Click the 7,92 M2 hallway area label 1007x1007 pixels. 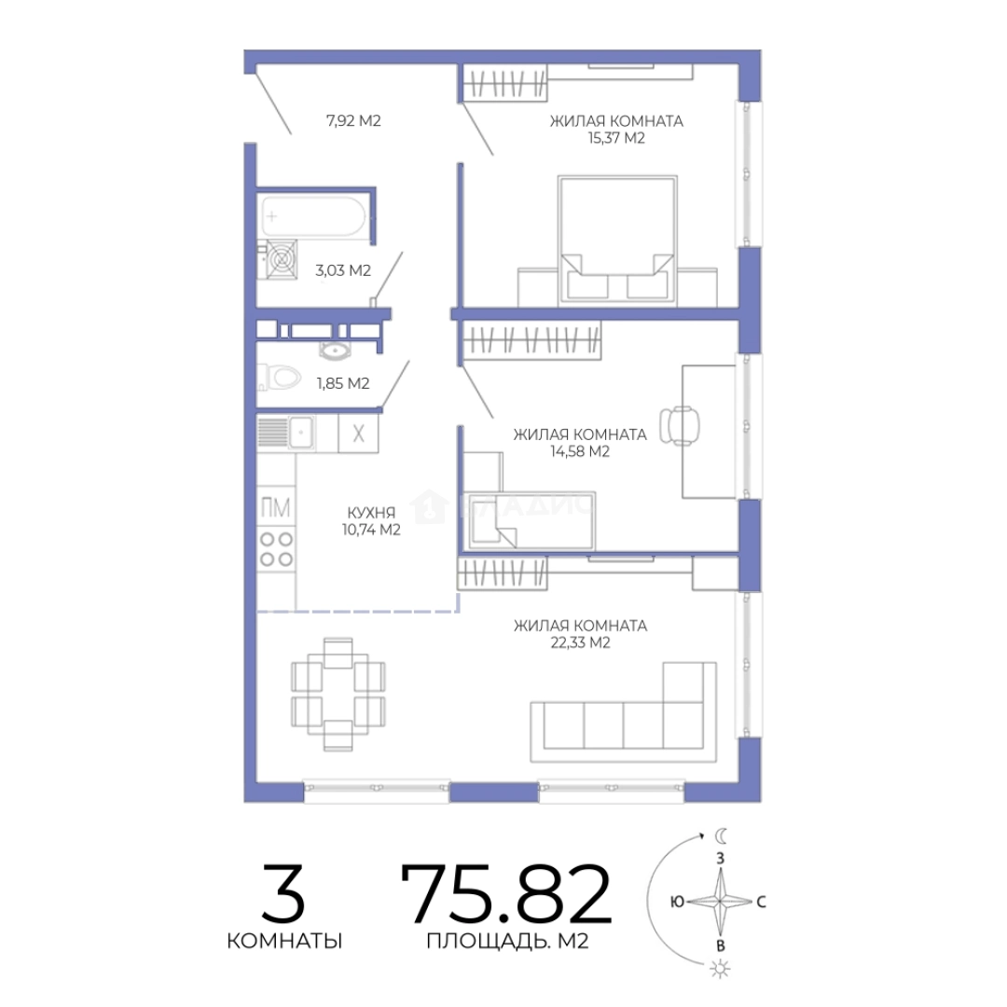click(353, 120)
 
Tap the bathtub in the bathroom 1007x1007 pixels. click(313, 215)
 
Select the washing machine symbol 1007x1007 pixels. click(282, 259)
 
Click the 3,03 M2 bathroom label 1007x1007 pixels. click(343, 270)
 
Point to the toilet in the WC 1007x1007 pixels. click(280, 378)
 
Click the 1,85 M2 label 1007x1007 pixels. click(343, 383)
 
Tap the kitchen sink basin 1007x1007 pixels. click(300, 433)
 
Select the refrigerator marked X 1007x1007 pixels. click(358, 434)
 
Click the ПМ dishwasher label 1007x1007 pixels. click(275, 508)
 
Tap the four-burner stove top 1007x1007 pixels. click(276, 549)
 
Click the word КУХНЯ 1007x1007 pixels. click(371, 513)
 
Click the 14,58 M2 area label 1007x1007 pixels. click(580, 451)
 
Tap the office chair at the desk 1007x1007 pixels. click(680, 425)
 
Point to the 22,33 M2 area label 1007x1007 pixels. click(581, 642)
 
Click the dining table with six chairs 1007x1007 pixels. click(338, 695)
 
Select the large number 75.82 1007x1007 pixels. click(506, 893)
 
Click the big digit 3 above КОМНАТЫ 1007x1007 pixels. click(283, 893)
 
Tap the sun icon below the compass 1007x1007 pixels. click(720, 969)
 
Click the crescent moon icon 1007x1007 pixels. click(721, 835)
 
